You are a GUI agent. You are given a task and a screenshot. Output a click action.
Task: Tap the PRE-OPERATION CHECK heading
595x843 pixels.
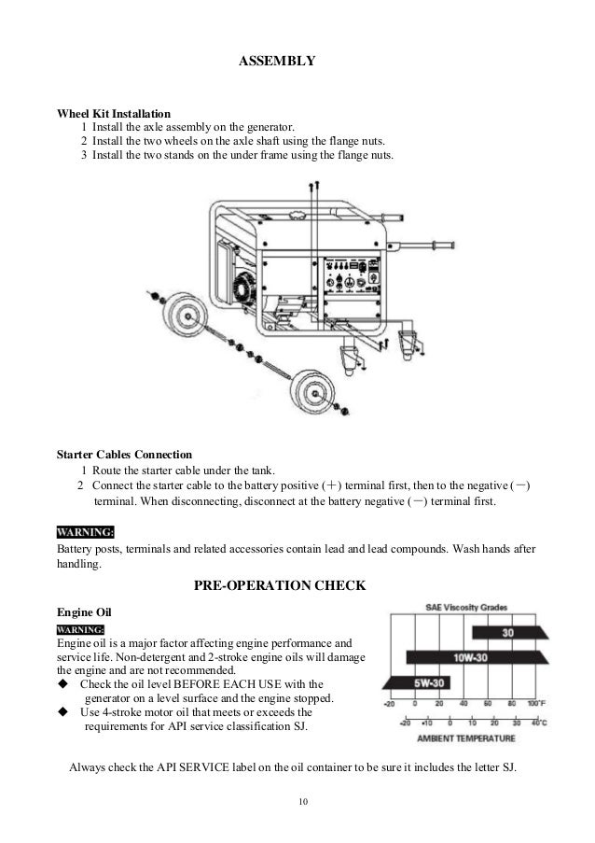click(279, 586)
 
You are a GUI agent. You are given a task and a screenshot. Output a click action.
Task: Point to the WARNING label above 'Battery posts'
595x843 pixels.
click(86, 532)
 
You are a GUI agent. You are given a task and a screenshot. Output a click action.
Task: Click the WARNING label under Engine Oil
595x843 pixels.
click(80, 630)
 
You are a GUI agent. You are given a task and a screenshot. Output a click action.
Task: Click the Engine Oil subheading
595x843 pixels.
click(84, 611)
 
